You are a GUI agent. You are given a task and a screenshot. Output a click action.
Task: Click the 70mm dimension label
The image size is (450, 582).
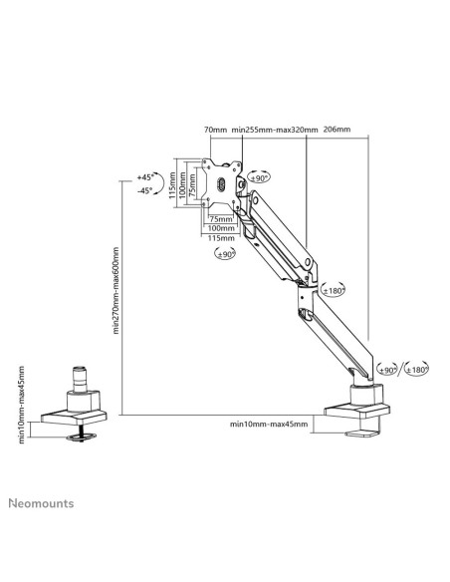coord(215,130)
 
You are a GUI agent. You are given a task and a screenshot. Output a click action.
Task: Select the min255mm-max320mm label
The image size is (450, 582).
coord(275,130)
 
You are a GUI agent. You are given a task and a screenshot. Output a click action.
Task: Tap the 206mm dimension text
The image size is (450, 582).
coord(337,130)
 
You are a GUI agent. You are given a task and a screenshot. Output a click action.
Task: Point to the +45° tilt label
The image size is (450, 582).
coord(145,177)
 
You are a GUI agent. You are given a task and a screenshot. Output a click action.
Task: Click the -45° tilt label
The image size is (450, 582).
coord(145,190)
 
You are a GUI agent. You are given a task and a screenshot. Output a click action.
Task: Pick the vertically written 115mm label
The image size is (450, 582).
coord(172,184)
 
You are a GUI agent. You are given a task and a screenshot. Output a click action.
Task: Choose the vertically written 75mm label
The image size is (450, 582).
coord(192,184)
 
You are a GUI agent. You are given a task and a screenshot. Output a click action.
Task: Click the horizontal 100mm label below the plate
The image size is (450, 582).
coord(221,228)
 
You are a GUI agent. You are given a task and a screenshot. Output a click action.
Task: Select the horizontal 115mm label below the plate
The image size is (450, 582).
coord(221,238)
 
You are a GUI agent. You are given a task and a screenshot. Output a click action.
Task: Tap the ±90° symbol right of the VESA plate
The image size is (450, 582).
coord(259,177)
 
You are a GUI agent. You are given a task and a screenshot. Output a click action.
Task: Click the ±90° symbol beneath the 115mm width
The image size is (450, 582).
coord(225,254)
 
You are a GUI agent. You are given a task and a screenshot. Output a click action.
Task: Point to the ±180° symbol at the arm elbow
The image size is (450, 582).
coord(333,290)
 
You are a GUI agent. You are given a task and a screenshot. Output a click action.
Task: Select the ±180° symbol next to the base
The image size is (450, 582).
coord(416,369)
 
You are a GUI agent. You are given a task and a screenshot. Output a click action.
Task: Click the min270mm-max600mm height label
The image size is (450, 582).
coord(116,291)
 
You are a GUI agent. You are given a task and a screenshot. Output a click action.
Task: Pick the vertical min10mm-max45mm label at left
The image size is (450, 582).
coord(21,405)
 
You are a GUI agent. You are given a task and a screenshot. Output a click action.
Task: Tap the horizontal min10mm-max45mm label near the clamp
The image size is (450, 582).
coord(269,424)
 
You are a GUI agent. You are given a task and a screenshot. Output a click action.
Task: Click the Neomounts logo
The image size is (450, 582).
coord(41,503)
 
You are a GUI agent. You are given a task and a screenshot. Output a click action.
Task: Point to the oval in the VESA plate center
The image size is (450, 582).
coord(221,184)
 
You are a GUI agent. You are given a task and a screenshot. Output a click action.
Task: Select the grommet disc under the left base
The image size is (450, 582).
coord(82,436)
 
